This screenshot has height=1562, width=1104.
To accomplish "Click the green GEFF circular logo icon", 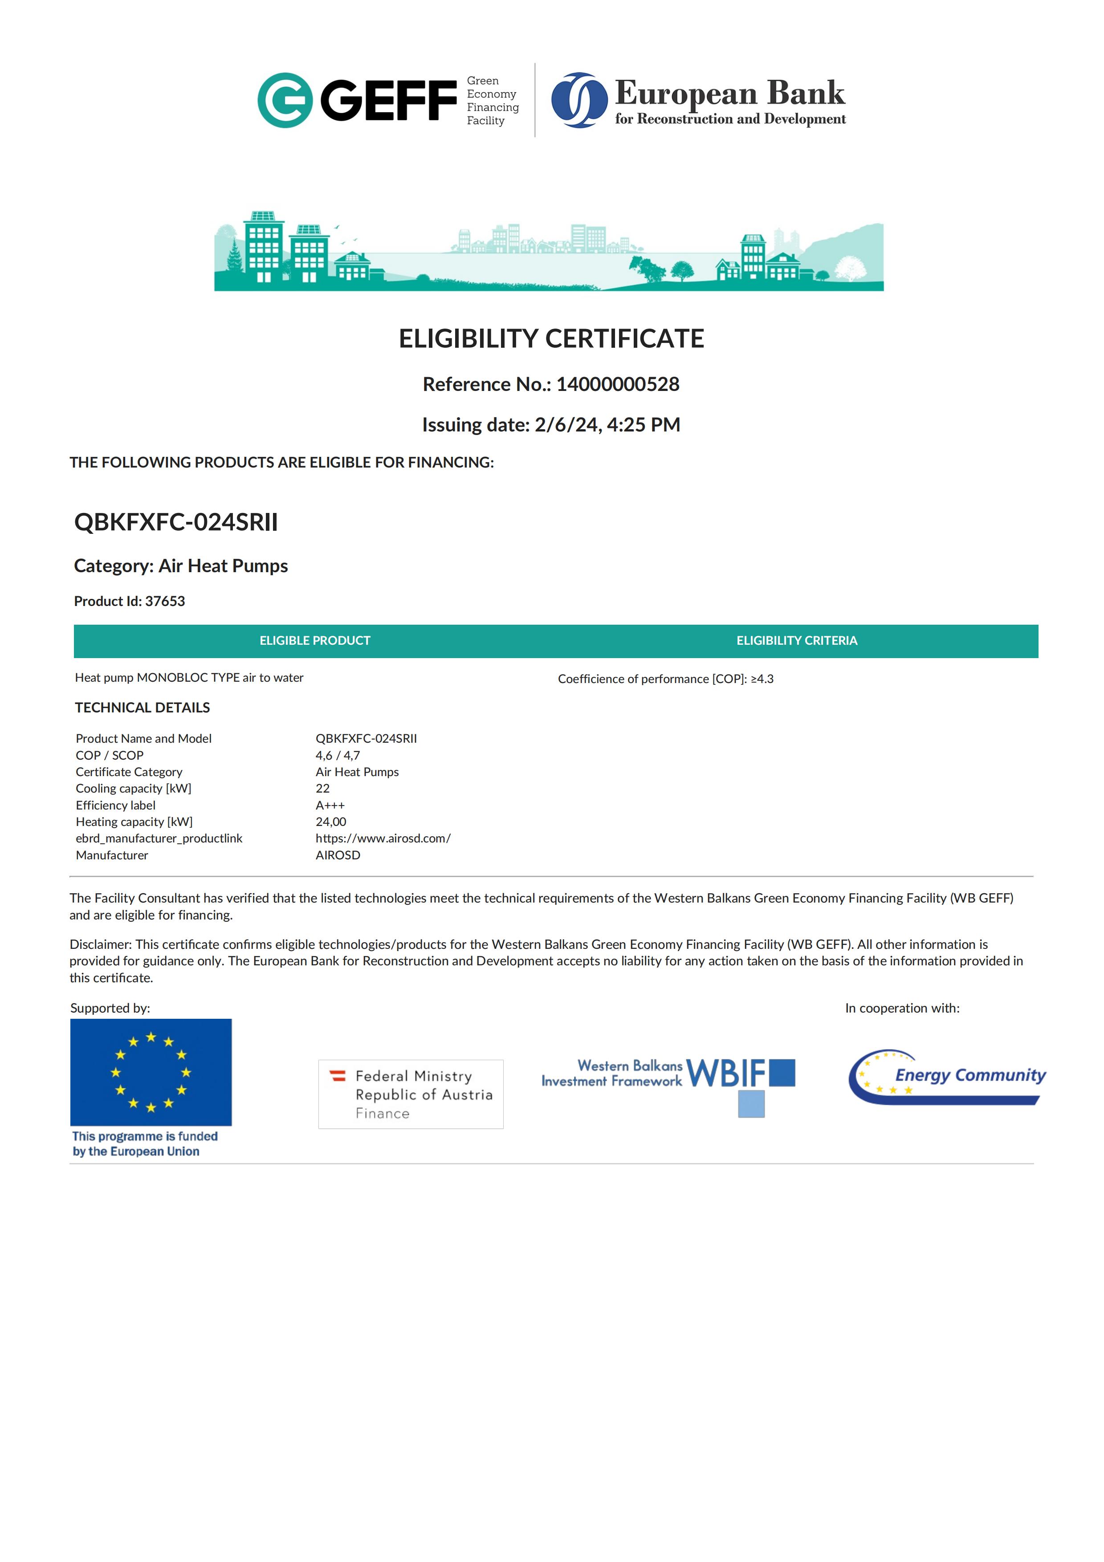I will click(x=284, y=100).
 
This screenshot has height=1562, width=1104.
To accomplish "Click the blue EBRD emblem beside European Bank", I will click(x=579, y=100).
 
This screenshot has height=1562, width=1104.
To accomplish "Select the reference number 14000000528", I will click(x=618, y=384).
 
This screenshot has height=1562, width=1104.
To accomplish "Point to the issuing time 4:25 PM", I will click(x=644, y=424).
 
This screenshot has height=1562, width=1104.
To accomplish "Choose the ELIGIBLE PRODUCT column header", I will click(x=315, y=641).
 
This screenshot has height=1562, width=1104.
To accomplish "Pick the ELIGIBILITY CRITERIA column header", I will click(x=797, y=641).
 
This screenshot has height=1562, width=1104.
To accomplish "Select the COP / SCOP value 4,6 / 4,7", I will click(x=338, y=755).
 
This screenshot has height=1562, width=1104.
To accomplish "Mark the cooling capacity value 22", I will click(x=322, y=789).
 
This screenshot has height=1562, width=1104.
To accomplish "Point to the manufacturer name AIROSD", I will click(x=338, y=855).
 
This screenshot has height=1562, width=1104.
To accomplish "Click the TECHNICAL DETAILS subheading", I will click(x=142, y=708).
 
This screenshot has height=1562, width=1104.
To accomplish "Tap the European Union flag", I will click(x=151, y=1072).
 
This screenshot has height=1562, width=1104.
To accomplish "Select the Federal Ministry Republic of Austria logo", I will click(x=411, y=1094).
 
